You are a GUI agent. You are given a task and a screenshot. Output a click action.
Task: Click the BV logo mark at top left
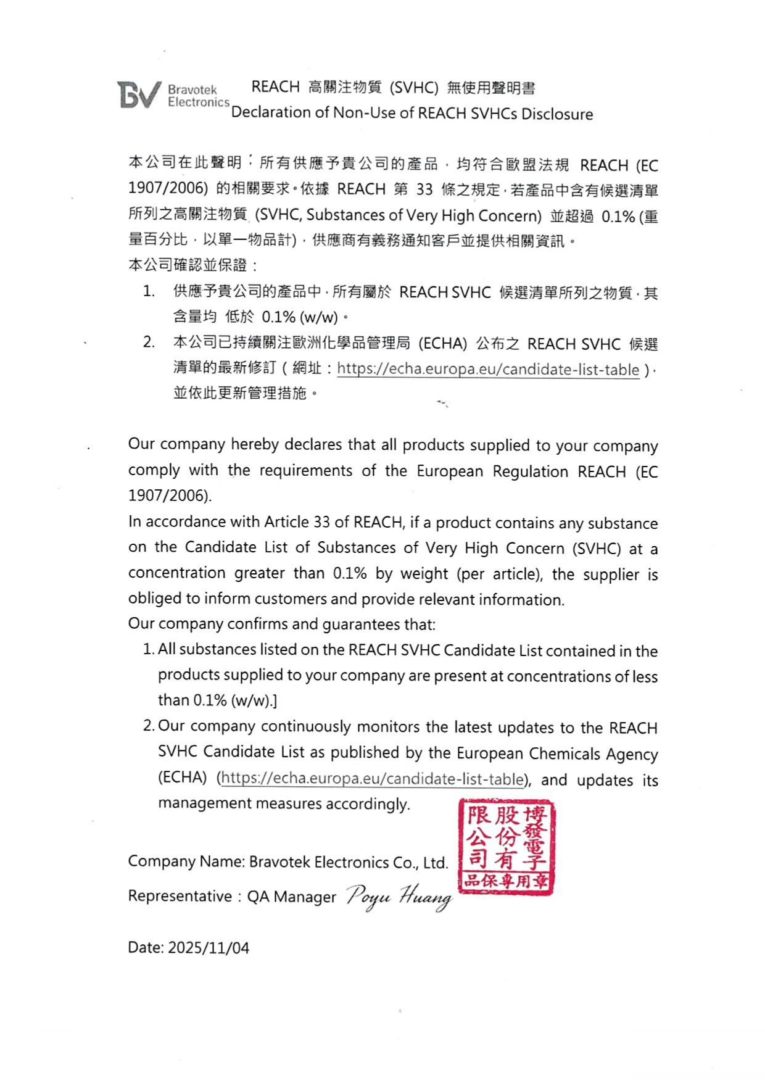139,95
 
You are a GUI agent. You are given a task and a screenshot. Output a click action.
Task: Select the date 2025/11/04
209,948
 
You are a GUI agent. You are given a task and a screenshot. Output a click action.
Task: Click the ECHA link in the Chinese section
488,369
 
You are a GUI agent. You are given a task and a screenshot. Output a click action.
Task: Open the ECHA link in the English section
372,778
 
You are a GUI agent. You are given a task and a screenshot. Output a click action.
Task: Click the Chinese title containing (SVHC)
393,88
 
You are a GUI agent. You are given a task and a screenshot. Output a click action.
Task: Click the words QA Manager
292,897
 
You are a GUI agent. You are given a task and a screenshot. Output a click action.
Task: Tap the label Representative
180,896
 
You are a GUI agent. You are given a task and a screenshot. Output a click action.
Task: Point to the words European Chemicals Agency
556,753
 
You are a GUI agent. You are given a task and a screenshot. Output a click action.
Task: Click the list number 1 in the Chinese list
149,291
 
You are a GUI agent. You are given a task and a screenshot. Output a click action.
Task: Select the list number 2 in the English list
149,726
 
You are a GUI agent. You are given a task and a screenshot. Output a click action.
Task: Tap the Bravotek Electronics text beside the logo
198,96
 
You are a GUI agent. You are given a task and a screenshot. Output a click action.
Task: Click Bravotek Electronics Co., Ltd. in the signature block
349,862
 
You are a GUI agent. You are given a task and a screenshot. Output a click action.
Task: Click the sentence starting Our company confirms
281,624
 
